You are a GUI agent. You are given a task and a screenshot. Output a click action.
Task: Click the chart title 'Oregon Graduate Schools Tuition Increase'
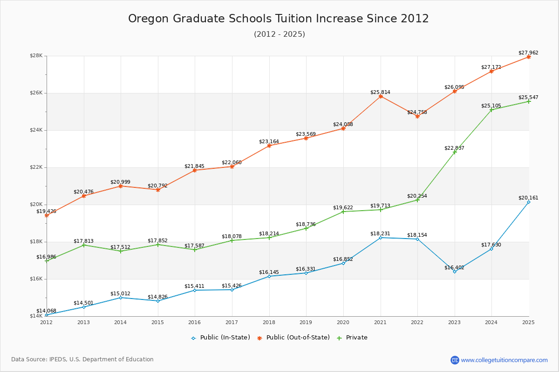tap(278, 19)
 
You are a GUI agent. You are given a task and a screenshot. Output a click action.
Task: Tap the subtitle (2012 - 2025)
tap(279, 34)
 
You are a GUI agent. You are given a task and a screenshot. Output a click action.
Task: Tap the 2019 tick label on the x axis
tap(306, 322)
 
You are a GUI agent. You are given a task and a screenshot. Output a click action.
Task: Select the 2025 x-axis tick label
tap(528, 322)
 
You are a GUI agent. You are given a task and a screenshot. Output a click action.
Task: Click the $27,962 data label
tap(528, 53)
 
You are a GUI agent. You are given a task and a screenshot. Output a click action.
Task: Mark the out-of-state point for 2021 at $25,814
tap(381, 96)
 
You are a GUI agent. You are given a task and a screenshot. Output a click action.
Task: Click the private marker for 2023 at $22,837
tap(455, 152)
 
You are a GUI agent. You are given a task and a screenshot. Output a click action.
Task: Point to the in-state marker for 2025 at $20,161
tap(529, 202)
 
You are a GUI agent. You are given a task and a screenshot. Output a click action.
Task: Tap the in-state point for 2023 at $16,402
tap(455, 272)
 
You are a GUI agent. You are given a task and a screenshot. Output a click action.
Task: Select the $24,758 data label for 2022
tap(417, 112)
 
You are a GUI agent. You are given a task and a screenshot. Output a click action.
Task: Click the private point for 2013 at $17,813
tap(84, 245)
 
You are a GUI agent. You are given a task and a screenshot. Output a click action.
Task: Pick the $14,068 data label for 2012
tap(46, 311)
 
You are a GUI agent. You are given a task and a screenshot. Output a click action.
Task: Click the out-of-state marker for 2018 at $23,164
tap(269, 146)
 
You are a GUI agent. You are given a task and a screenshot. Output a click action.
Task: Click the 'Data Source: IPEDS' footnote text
tap(82, 359)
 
